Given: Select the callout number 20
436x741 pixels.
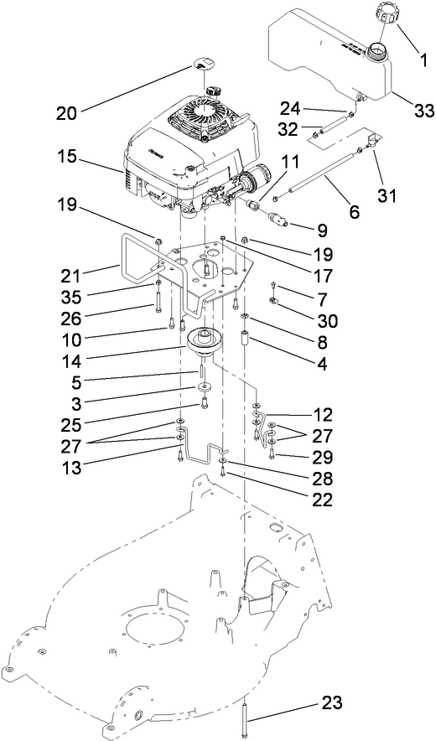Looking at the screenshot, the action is click(68, 113).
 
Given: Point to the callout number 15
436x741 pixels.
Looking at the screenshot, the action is click(66, 157).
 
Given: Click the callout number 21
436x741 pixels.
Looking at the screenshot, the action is click(71, 275).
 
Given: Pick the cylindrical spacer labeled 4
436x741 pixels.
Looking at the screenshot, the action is click(246, 340).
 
